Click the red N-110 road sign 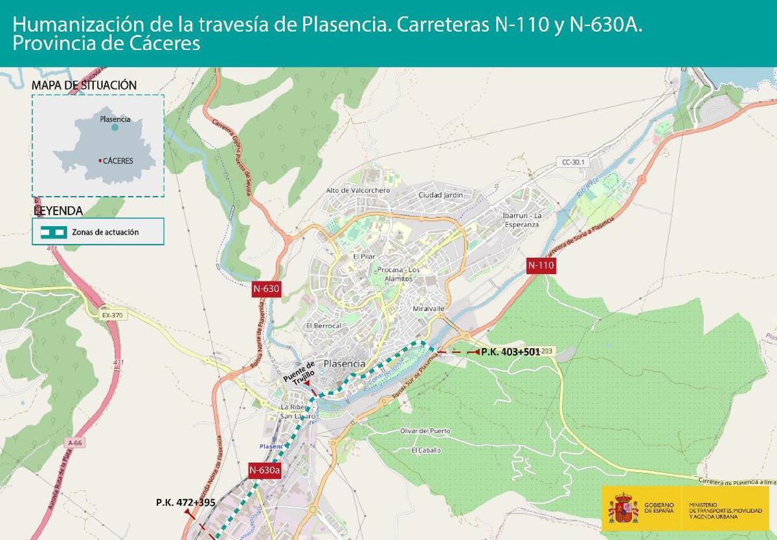click(541, 265)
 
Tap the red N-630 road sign click(266, 289)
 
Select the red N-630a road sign click(265, 471)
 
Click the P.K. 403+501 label click(510, 352)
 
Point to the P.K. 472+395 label click(185, 502)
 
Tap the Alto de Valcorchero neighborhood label click(358, 191)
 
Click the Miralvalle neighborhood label click(429, 309)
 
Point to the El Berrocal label click(323, 325)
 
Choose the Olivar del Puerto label click(425, 431)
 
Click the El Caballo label click(426, 450)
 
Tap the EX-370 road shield click(111, 315)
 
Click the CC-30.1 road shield click(570, 161)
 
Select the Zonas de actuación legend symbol click(54, 232)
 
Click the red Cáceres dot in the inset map click(100, 161)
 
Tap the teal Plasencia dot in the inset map click(115, 128)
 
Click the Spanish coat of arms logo click(623, 508)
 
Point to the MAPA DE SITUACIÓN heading click(84, 86)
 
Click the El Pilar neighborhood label click(364, 257)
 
